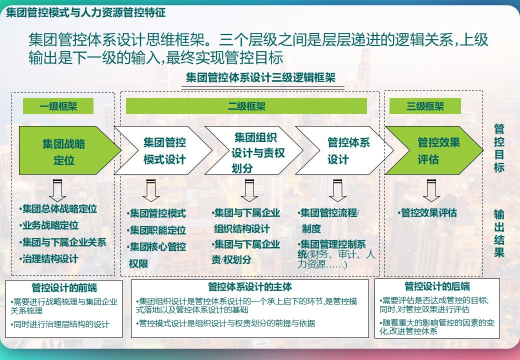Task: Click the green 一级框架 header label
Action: coord(58,106)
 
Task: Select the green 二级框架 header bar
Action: coord(246,106)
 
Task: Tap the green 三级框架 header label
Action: coord(425,106)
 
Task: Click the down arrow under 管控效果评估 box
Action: coord(430,190)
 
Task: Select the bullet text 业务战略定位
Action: coord(50,225)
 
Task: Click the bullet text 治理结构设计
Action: coord(50,259)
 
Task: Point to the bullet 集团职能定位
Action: coord(157,230)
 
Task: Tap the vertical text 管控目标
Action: coord(498,148)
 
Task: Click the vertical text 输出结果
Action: coord(498,233)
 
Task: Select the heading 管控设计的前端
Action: coord(64,287)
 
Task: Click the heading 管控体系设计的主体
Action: coord(249,287)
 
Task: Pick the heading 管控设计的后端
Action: coord(437,286)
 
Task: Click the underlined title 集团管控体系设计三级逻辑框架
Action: coord(260,78)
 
